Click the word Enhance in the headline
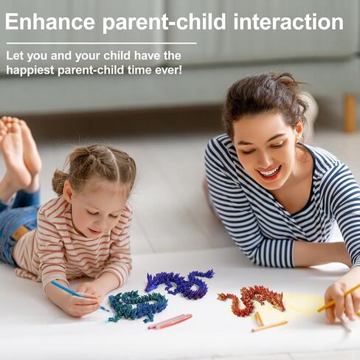pyautogui.click(x=50, y=22)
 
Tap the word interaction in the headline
pyautogui.click(x=288, y=22)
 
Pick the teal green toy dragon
pyautogui.click(x=138, y=306)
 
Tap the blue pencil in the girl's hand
pyautogui.click(x=79, y=296)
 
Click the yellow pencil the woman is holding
pyautogui.click(x=338, y=298)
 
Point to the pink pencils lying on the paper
pyautogui.click(x=170, y=322)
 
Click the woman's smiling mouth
pyautogui.click(x=269, y=172)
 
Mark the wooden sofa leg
pyautogui.click(x=350, y=114)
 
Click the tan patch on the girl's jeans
pyautogui.click(x=21, y=232)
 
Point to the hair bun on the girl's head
pyautogui.click(x=59, y=182)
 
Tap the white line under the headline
pyautogui.click(x=101, y=44)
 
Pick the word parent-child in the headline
pyautogui.click(x=164, y=23)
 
